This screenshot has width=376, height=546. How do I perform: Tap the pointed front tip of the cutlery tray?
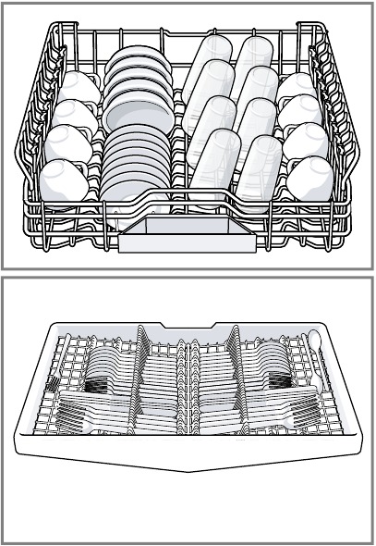pos(189,470)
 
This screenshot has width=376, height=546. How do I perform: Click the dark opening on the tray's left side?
pos(98,382)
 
